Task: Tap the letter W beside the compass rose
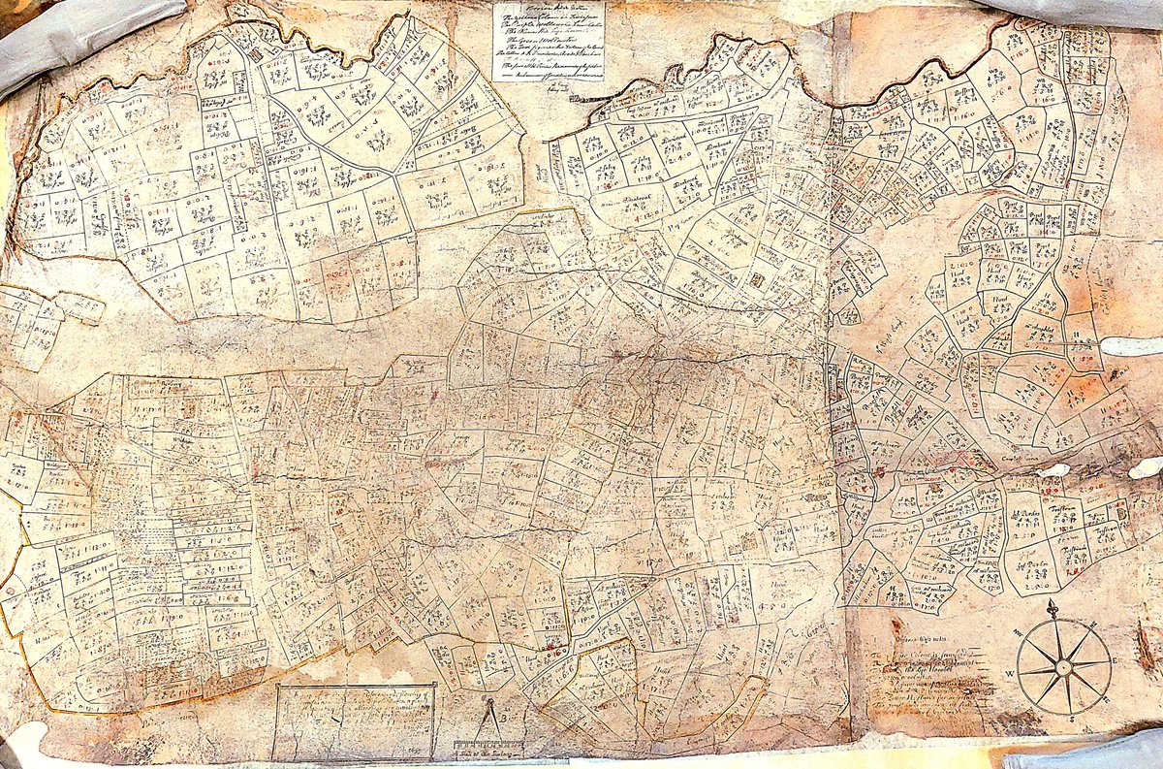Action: click(1010, 673)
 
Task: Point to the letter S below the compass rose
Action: click(1072, 720)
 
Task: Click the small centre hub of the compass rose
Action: click(1063, 667)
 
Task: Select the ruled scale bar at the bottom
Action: click(488, 743)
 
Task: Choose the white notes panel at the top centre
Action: click(548, 41)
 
